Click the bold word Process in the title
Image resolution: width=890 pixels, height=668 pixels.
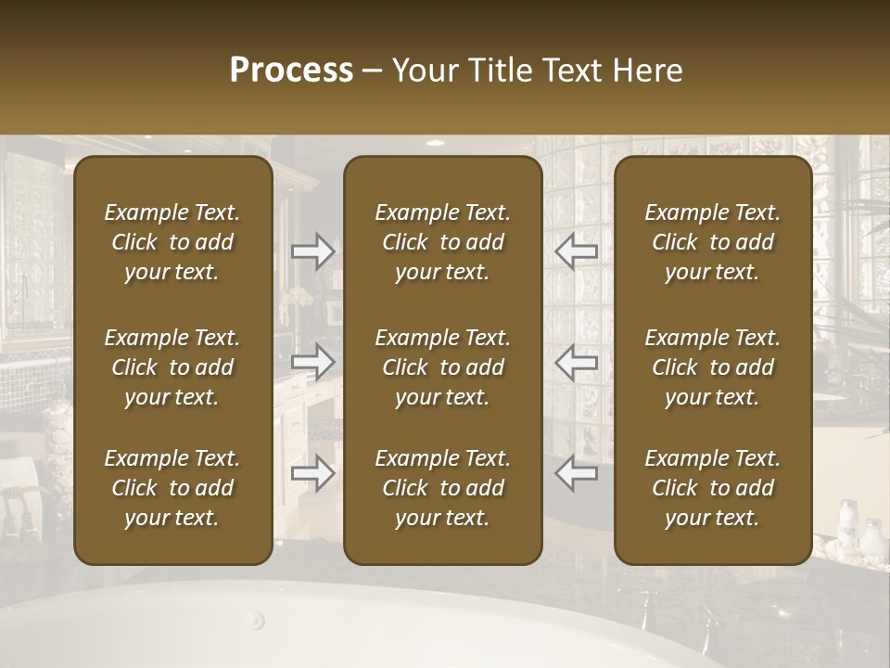291,71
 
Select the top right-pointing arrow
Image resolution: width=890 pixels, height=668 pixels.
312,250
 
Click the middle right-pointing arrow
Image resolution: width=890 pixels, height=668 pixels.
312,362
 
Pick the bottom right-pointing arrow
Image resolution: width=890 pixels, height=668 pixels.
312,473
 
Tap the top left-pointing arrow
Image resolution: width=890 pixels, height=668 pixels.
576,250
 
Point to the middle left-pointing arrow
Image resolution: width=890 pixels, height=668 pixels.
576,362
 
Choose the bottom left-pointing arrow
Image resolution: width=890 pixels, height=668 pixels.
576,473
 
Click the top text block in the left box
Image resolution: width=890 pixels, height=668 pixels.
172,242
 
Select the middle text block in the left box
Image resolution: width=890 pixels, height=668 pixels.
172,367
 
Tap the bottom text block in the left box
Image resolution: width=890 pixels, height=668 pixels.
172,488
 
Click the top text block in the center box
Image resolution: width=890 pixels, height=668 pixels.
442,242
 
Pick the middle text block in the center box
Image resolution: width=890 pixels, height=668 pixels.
442,367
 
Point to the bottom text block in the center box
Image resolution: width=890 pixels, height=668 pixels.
442,488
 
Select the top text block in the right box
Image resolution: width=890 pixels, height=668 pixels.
712,242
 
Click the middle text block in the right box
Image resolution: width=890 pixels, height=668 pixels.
712,367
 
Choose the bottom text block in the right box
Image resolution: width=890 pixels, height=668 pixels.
712,488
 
